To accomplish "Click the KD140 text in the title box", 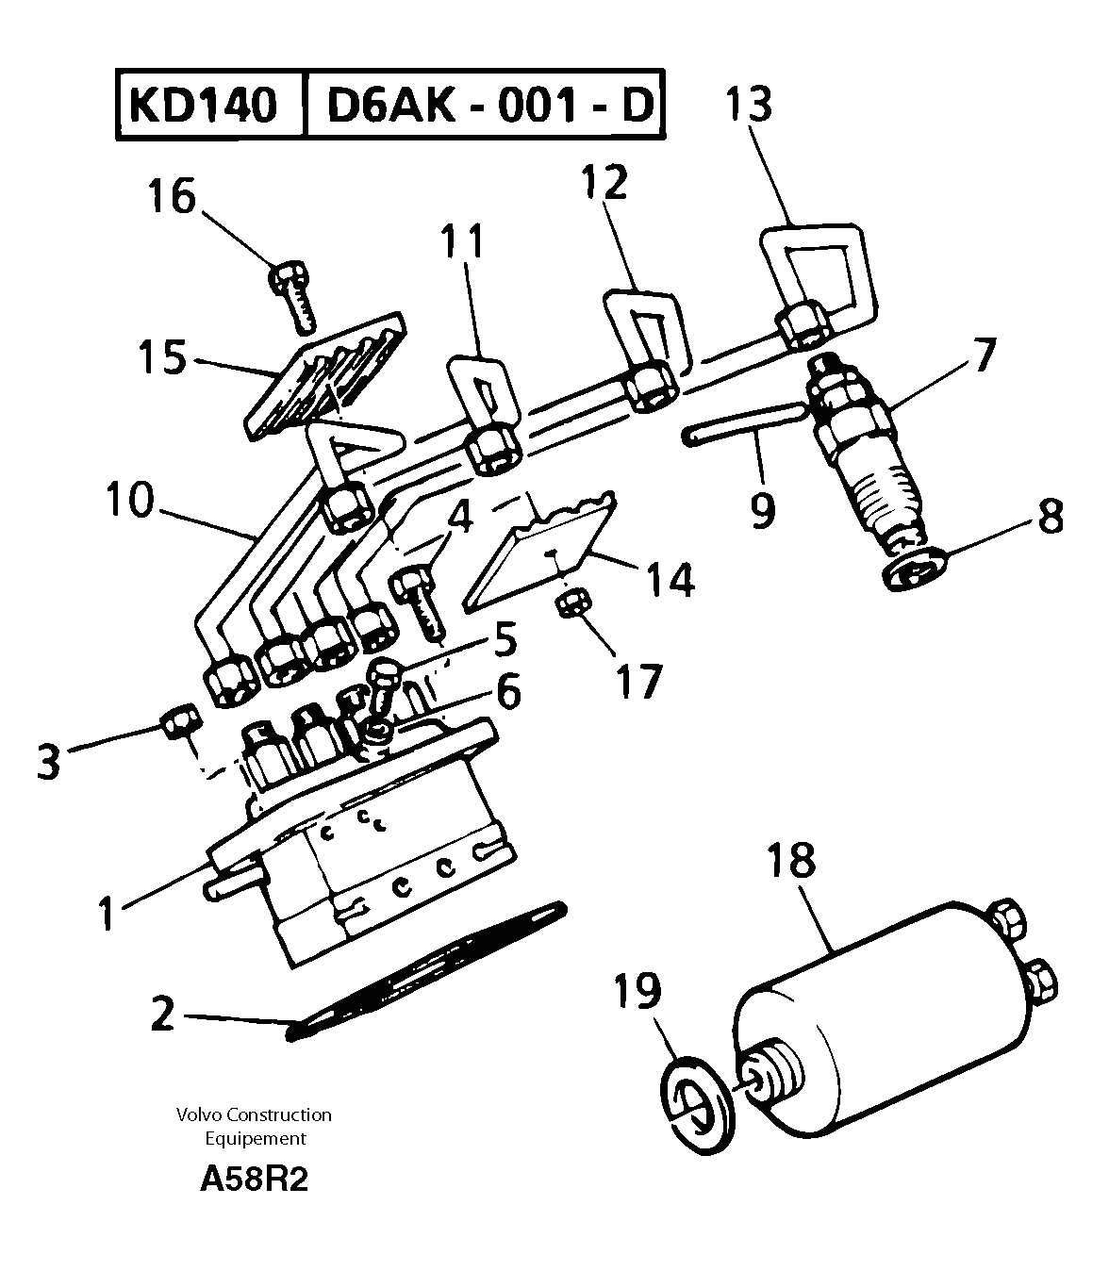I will click(x=204, y=105).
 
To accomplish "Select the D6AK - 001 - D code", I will click(x=488, y=105).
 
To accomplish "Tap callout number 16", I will click(x=171, y=197).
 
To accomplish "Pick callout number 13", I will click(x=749, y=105).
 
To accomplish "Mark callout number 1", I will click(x=109, y=912).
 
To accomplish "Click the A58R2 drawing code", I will click(x=254, y=1180).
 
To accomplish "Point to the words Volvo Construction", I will click(x=254, y=1114).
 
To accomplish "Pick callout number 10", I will click(x=128, y=501).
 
